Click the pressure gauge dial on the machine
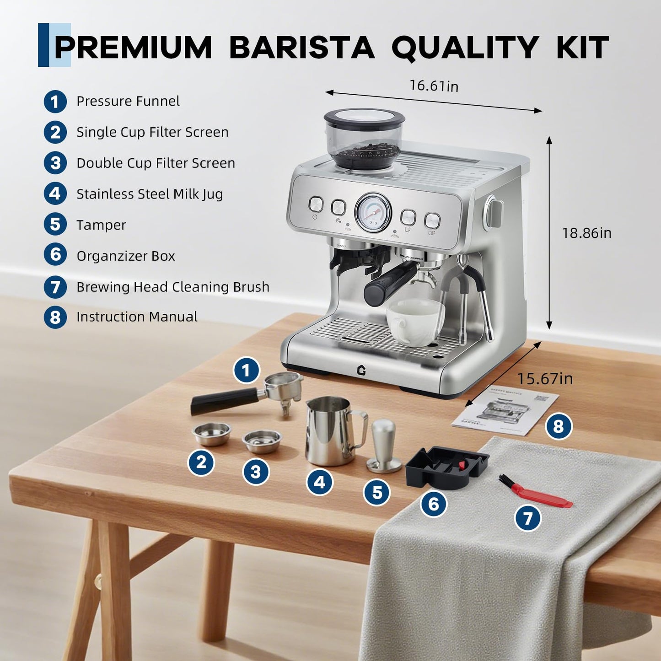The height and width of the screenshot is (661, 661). (373, 212)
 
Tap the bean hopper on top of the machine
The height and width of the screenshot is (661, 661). (365, 138)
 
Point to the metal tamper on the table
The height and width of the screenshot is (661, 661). (383, 446)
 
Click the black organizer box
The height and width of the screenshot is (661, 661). (446, 467)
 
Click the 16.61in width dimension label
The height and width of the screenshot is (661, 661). (433, 86)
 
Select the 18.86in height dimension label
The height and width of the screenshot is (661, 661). (586, 233)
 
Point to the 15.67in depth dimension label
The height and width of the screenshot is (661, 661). (544, 379)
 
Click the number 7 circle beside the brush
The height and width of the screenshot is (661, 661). (528, 518)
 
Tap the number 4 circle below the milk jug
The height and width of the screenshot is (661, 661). (319, 483)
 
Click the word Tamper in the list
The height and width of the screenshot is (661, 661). (101, 225)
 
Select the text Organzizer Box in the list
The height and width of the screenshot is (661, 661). (126, 256)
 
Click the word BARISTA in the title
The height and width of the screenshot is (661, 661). (301, 48)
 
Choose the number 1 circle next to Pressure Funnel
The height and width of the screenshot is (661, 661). (55, 102)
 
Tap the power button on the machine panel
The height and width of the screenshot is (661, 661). (316, 204)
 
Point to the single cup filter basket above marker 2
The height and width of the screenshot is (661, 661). (211, 433)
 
